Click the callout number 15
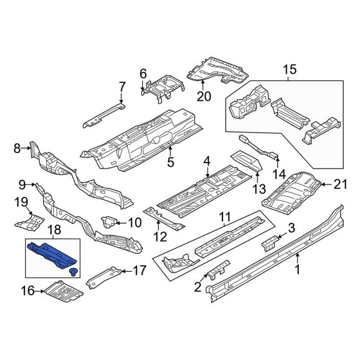[289, 70]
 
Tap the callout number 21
[341, 185]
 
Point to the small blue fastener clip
[74, 274]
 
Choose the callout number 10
[134, 223]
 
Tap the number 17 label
[139, 271]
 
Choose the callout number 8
[17, 146]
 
